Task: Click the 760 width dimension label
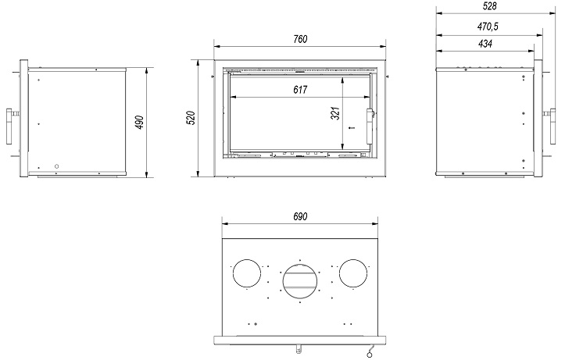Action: point(300,39)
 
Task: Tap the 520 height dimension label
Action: point(191,118)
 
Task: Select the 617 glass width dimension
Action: point(300,90)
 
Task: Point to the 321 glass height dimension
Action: point(335,113)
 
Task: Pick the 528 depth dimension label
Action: point(490,5)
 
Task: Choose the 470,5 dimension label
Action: point(488,27)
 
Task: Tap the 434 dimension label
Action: point(485,44)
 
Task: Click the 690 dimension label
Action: point(300,216)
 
